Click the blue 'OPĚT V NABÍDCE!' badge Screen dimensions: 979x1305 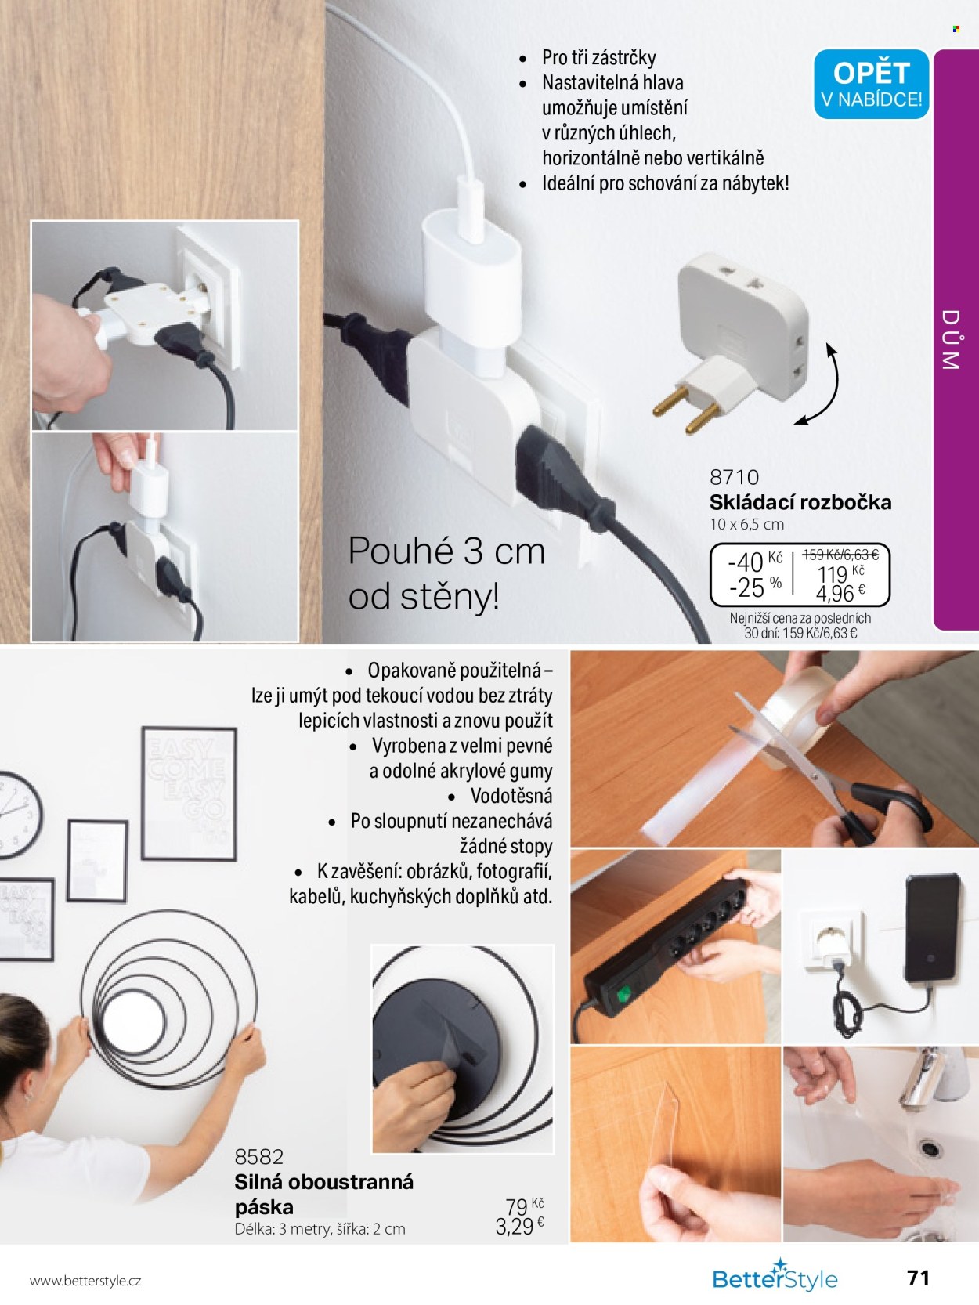pos(871,84)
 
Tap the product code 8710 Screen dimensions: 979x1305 pos(734,477)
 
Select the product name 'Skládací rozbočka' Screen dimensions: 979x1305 pos(800,502)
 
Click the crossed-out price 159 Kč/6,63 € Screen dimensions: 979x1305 pos(840,555)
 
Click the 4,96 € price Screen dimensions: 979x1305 pos(840,593)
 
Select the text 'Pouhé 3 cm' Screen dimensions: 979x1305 pos(446,551)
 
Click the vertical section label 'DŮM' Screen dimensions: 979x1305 pos(951,339)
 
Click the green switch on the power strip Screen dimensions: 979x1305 pos(623,993)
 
